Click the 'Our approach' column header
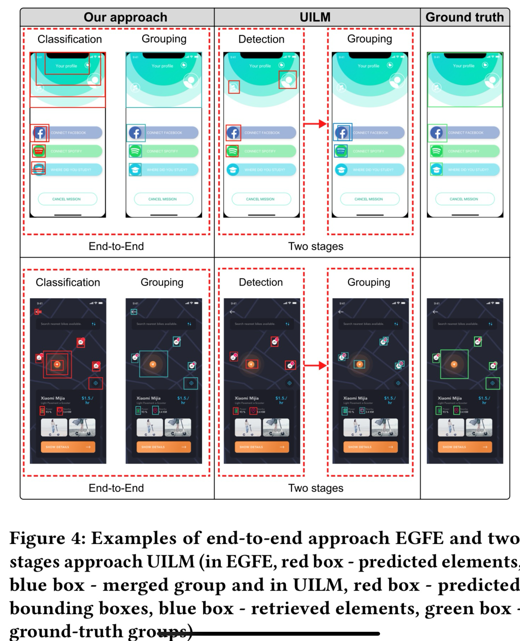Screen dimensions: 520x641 point(125,17)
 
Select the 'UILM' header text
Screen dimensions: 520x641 point(315,17)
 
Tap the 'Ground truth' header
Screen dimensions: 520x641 point(464,17)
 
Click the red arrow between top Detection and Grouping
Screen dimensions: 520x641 point(315,124)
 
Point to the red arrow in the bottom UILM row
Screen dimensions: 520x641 point(315,365)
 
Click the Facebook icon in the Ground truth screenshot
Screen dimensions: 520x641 point(437,133)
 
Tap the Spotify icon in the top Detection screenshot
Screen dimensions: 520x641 point(233,151)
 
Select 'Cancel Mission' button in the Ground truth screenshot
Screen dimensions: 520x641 point(464,199)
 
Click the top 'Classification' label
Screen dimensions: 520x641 point(69,39)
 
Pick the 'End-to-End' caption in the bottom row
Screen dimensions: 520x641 point(116,488)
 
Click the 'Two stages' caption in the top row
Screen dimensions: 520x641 point(316,246)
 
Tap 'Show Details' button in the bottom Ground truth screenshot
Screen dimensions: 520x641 point(464,447)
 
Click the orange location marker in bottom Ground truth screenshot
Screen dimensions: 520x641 point(454,364)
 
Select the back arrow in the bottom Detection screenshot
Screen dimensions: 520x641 point(232,312)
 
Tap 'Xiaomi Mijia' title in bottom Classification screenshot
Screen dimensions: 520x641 point(53,398)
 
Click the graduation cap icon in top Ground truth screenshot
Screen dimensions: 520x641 point(436,169)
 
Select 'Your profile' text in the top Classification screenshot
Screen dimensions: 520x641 point(66,66)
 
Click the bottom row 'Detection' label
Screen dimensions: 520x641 point(261,282)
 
